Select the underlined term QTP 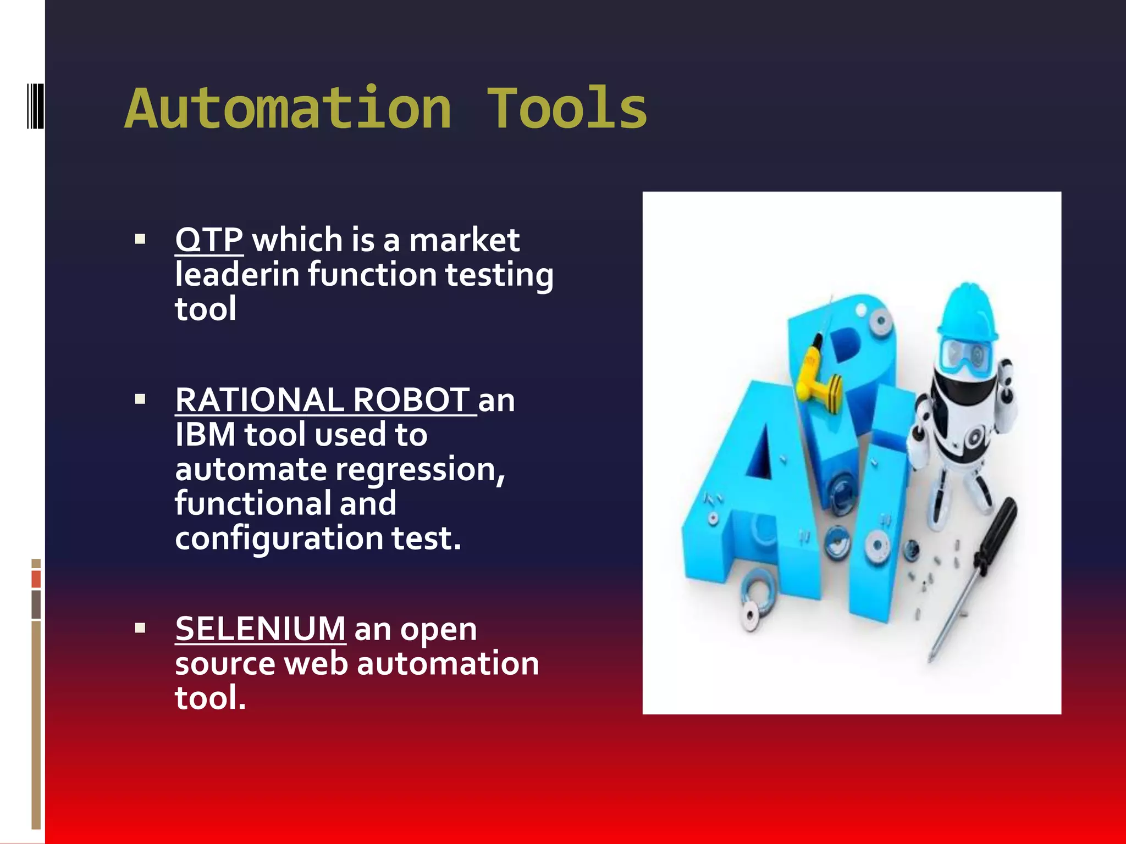click(x=209, y=240)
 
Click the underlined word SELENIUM click(x=260, y=629)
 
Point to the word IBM click(x=205, y=435)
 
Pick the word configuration click(x=279, y=538)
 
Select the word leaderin click(x=237, y=275)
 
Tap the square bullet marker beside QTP click(x=140, y=239)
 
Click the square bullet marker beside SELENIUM click(x=140, y=628)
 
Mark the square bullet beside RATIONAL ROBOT click(x=140, y=399)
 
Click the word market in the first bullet click(x=464, y=240)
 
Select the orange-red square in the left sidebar click(x=36, y=579)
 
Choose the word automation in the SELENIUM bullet click(x=448, y=663)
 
